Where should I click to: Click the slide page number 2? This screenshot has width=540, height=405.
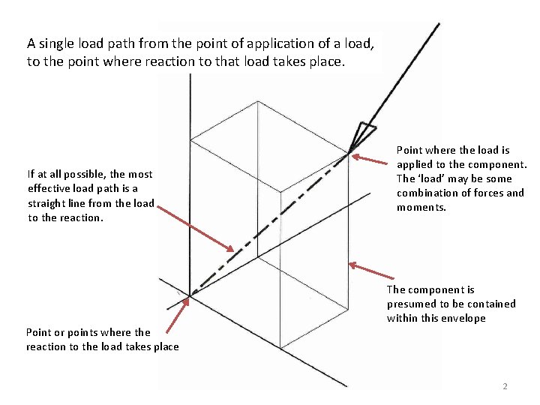(x=505, y=386)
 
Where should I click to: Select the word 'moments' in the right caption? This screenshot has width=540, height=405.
(x=421, y=207)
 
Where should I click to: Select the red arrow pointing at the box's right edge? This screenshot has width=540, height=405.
(x=371, y=271)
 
